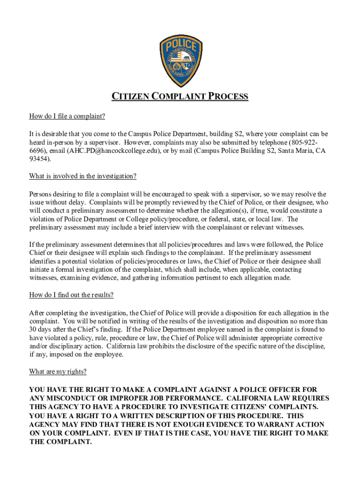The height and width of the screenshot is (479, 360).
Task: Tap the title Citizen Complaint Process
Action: pos(180,97)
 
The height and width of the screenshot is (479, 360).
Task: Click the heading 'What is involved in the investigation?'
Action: pos(83,176)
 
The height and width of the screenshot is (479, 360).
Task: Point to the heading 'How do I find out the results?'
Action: pos(72,295)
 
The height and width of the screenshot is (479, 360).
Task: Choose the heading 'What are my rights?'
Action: pos(58,372)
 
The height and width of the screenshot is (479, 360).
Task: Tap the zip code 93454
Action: pos(39,159)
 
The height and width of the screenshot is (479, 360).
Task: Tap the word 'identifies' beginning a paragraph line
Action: pos(43,261)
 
